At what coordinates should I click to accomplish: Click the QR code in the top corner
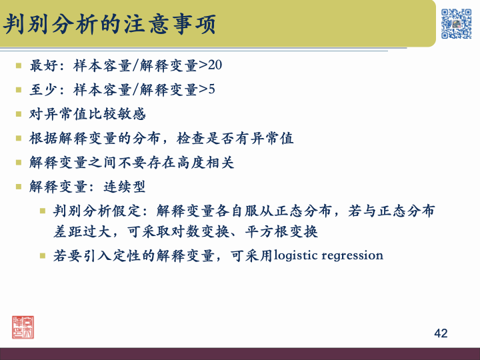457,23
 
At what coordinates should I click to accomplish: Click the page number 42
441,333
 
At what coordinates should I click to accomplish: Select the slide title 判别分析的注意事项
110,25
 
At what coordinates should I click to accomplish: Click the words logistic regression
329,255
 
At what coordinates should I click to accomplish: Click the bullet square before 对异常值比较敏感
19,114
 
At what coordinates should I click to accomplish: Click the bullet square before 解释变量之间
19,163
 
